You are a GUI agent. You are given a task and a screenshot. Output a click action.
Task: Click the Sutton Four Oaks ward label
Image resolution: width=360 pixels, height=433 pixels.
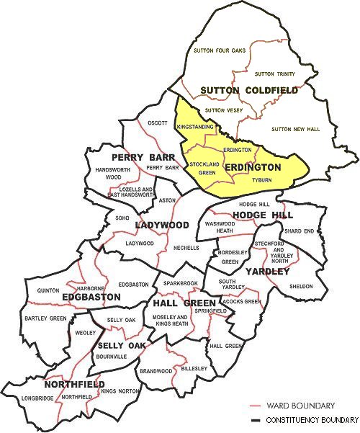(220, 50)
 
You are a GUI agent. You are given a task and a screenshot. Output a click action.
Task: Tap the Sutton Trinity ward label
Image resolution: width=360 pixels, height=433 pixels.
(275, 73)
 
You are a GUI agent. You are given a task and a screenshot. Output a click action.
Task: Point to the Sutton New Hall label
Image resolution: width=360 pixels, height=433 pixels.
(298, 129)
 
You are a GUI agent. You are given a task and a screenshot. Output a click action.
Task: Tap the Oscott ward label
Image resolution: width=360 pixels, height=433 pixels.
(157, 122)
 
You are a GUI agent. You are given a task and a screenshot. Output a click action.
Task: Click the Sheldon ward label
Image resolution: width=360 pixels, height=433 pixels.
(301, 286)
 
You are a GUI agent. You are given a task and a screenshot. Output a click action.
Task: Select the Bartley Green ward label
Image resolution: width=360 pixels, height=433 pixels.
(45, 318)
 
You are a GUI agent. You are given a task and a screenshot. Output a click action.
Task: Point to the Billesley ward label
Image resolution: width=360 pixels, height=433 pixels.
(194, 368)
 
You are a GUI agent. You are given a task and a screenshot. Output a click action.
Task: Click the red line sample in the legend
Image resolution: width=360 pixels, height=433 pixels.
(247, 406)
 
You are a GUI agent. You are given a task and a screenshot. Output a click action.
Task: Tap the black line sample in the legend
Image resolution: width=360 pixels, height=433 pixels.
(247, 419)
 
